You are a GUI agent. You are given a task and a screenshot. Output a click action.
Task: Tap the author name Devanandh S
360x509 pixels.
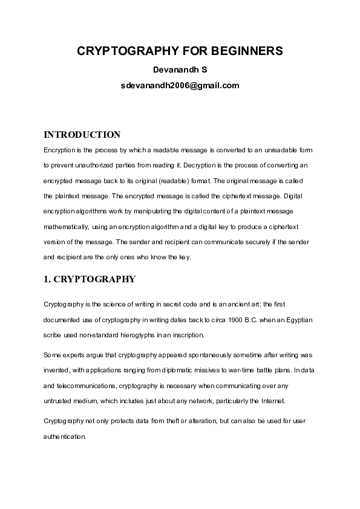tap(180, 70)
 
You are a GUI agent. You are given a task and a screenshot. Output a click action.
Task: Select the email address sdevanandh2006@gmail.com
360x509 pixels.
tap(180, 86)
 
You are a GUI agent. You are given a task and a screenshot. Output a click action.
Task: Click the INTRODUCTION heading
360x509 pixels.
tap(82, 134)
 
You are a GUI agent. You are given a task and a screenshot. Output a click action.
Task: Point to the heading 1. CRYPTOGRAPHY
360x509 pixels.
tap(89, 279)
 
